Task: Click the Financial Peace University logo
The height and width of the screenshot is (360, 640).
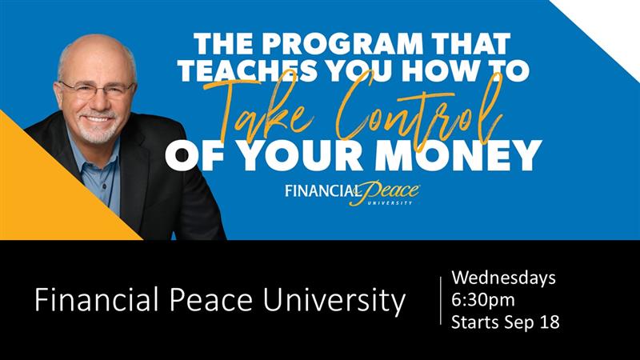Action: (x=352, y=193)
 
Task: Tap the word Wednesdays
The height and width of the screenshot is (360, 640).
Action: (x=503, y=278)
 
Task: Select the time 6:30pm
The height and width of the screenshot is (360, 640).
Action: (x=483, y=301)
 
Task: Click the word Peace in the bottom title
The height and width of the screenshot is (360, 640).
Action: (x=211, y=300)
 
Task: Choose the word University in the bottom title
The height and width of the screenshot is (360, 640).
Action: (x=334, y=302)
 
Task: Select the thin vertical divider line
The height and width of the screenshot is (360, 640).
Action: (x=441, y=301)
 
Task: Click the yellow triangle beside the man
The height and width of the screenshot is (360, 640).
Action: (x=45, y=192)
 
